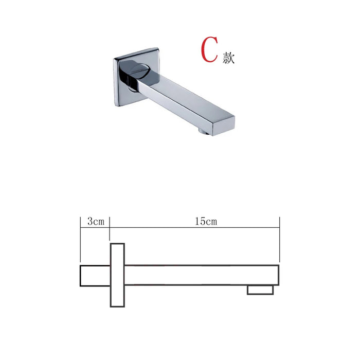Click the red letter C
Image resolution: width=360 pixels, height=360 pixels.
coord(209,50)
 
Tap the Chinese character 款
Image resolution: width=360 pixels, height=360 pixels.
coord(229,58)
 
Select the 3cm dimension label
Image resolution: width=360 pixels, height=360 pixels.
coord(96,222)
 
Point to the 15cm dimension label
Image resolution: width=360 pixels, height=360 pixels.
coord(205,222)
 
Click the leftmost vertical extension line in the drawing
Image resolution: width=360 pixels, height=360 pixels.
coord(80,239)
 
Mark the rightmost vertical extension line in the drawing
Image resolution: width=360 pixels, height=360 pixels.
coord(279,239)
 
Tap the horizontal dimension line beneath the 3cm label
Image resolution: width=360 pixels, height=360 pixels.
coord(95,228)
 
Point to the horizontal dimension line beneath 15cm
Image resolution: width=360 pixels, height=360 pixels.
coord(195,228)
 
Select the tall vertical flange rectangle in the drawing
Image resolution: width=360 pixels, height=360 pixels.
coord(118,275)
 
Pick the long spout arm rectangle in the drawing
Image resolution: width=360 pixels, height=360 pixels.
coord(201,275)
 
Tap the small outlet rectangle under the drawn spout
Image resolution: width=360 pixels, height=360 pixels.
coord(260,290)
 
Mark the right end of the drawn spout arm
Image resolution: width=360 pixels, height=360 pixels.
coord(278,275)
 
